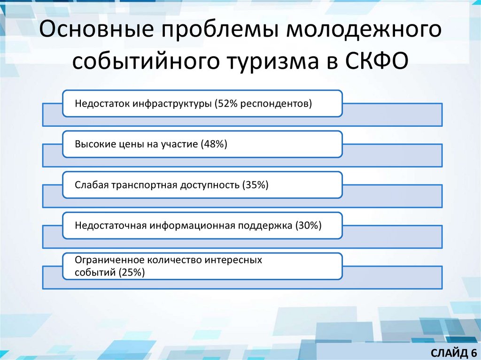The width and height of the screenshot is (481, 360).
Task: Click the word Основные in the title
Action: pyautogui.click(x=96, y=32)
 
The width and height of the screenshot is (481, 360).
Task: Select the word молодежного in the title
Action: pyautogui.click(x=365, y=32)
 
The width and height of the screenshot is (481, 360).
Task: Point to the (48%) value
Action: pyautogui.click(x=214, y=144)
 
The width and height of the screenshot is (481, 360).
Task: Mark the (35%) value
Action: pyautogui.click(x=255, y=185)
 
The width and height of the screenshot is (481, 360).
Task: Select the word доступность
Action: pyautogui.click(x=210, y=185)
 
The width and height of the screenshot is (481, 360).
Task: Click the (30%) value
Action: pyautogui.click(x=309, y=226)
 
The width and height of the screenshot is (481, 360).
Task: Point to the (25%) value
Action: pyautogui.click(x=132, y=272)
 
